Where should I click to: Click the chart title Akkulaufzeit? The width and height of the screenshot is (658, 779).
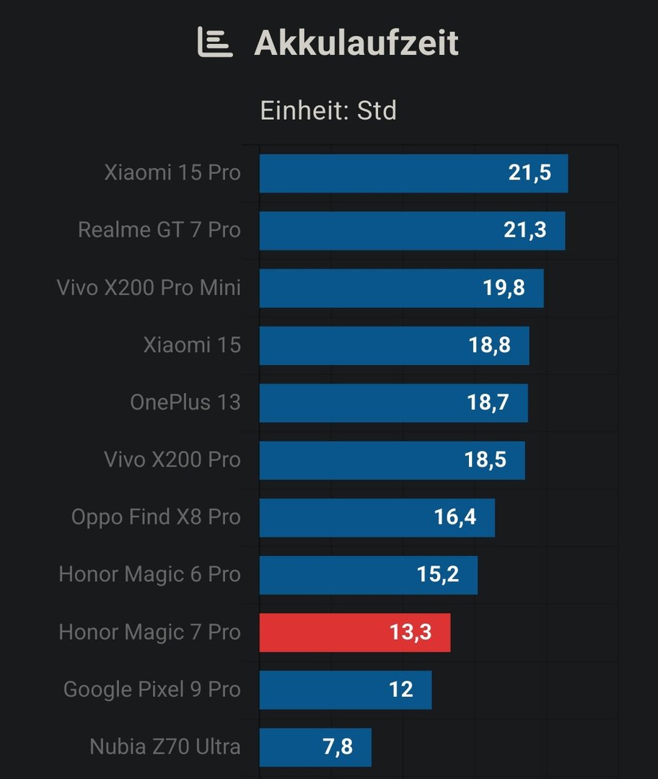click(356, 43)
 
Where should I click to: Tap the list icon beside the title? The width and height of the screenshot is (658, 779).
click(215, 43)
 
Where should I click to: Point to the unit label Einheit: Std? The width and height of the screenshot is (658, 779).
click(328, 111)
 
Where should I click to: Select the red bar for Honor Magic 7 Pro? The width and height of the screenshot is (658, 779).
click(355, 633)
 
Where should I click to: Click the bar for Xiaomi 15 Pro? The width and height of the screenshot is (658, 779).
click(413, 173)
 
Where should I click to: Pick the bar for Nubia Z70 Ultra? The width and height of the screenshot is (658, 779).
click(315, 747)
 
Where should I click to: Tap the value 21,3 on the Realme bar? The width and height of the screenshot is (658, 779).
click(525, 230)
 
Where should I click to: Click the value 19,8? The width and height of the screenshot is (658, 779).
click(504, 288)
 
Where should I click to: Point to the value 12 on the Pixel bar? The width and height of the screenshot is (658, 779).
click(400, 690)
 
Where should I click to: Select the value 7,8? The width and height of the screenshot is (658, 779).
click(337, 747)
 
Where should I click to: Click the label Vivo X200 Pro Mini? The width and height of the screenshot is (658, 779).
click(149, 288)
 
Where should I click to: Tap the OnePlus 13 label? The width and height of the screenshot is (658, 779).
click(185, 402)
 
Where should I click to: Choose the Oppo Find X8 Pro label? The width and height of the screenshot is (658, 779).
click(156, 517)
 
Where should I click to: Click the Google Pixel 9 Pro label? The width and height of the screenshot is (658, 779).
click(152, 690)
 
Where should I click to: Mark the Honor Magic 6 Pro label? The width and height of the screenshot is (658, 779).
click(149, 575)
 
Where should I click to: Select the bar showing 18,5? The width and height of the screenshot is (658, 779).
click(392, 460)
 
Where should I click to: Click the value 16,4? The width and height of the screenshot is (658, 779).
click(455, 517)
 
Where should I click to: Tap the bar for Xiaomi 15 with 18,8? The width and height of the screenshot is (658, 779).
click(394, 346)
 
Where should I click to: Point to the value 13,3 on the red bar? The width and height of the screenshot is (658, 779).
click(411, 633)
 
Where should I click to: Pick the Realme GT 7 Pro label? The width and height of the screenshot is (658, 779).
click(159, 230)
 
